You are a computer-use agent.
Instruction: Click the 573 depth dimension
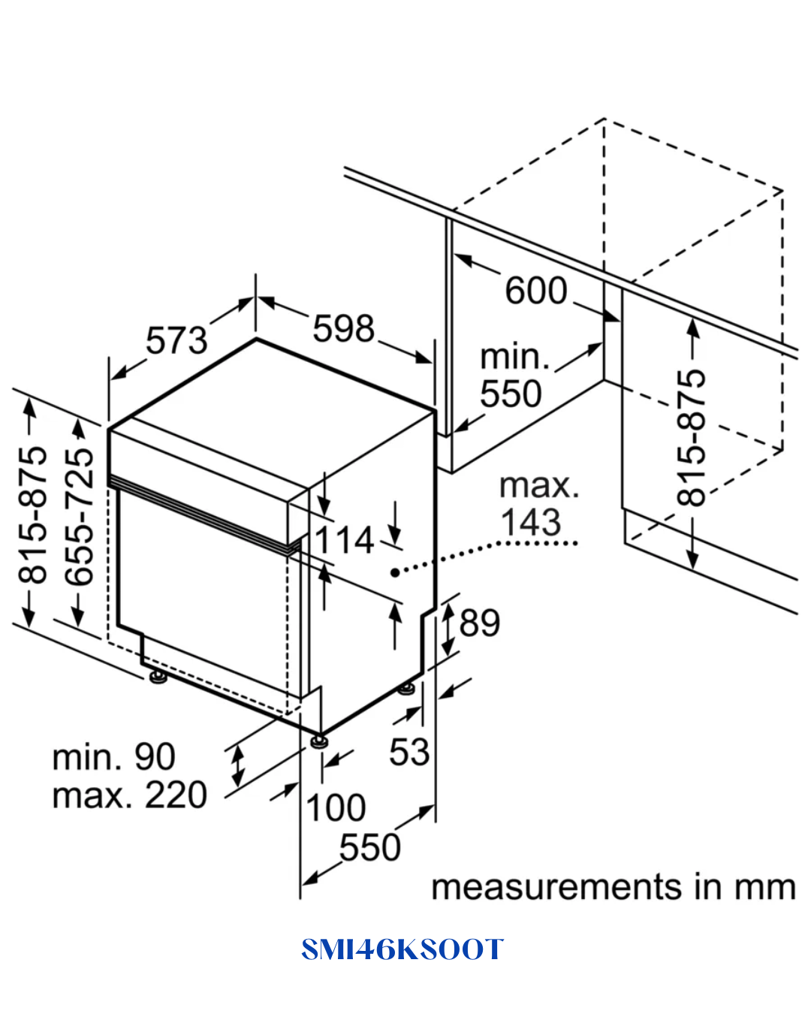coord(176,341)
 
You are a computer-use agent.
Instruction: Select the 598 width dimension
coord(343,328)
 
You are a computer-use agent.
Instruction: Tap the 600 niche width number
coord(536,291)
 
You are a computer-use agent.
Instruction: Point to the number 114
coord(344,540)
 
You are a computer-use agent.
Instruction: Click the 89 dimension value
coord(479,623)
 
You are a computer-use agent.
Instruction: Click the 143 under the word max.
coord(531,522)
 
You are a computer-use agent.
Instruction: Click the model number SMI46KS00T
coord(402,949)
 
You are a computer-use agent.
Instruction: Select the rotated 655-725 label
coord(79,517)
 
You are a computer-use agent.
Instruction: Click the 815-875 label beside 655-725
coord(32,515)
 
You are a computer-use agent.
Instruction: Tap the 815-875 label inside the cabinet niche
coord(692,438)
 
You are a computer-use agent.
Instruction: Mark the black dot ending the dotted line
coord(395,572)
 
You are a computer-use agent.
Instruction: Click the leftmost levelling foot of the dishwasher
coord(158,677)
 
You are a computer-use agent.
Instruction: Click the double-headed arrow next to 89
coord(448,629)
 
